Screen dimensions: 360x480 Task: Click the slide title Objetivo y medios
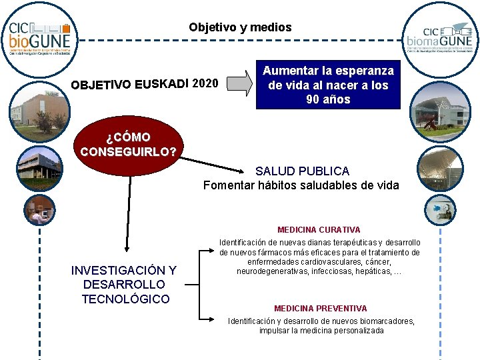coord(240,27)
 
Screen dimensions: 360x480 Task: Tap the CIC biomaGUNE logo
coord(439,39)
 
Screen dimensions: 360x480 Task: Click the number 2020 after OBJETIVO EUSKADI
coord(204,84)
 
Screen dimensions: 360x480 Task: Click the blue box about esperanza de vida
coord(328,85)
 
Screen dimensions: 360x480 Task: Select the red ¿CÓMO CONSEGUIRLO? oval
coord(128,143)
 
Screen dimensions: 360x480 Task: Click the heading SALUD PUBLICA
coord(302,171)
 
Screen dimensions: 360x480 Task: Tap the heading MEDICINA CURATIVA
coord(319,230)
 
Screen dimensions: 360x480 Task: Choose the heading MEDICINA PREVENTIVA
coord(320,309)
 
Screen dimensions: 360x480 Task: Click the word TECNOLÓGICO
coord(125,299)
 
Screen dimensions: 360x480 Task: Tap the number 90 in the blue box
coord(313,100)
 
